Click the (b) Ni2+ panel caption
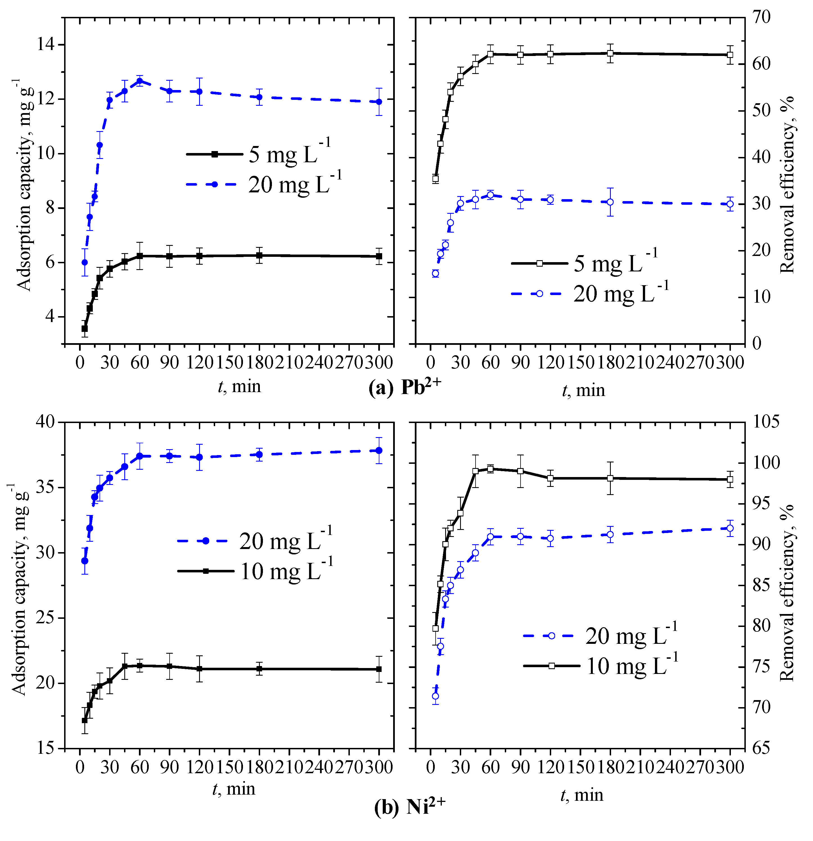pos(410,807)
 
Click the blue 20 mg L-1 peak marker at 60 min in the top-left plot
pos(139,81)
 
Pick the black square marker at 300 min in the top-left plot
pos(379,256)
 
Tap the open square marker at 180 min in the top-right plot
pos(610,53)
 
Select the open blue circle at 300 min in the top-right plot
pos(730,204)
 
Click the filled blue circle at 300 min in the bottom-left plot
pos(379,450)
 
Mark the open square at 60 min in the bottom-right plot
pos(490,469)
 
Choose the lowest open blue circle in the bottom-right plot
pos(435,696)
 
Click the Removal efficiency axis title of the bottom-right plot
pos(787,592)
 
